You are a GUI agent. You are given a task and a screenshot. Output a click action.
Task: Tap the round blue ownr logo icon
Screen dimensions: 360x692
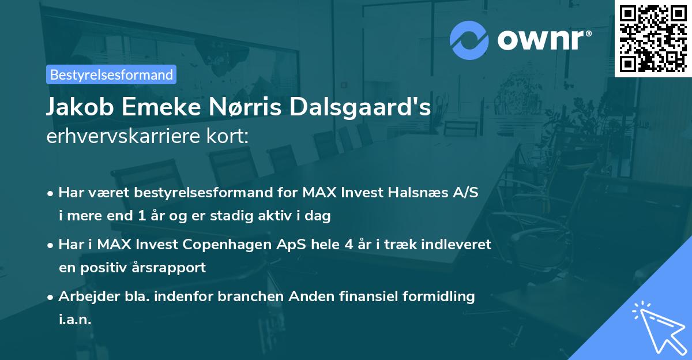coord(469,40)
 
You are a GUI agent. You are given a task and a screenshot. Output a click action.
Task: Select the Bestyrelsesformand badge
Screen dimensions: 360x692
coord(111,74)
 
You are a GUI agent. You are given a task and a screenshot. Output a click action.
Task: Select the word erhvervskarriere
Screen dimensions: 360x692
coord(121,137)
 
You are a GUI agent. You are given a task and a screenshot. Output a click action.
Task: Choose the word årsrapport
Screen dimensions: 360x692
coord(173,268)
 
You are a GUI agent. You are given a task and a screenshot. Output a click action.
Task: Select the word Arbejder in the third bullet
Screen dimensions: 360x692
coord(85,296)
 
